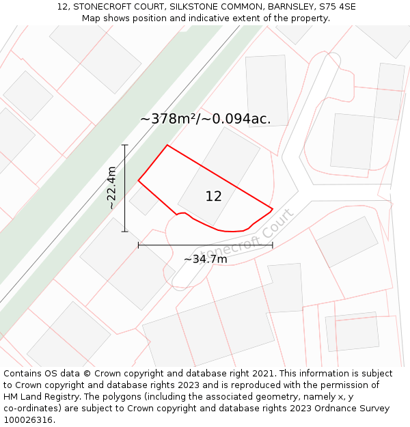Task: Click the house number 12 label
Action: coord(213,197)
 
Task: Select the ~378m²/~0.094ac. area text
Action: coord(205,119)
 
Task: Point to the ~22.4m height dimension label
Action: coord(112,188)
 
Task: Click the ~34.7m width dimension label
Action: coord(205,259)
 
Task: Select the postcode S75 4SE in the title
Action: coord(337,7)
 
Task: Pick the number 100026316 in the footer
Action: coord(29,420)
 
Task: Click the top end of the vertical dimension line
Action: coord(125,145)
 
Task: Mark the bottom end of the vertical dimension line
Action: coord(125,232)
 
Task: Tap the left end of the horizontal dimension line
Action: coord(139,245)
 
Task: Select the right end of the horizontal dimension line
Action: coord(273,245)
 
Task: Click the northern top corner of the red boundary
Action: coord(167,145)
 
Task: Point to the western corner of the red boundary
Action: coord(139,180)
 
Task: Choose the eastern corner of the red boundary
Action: coord(273,208)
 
